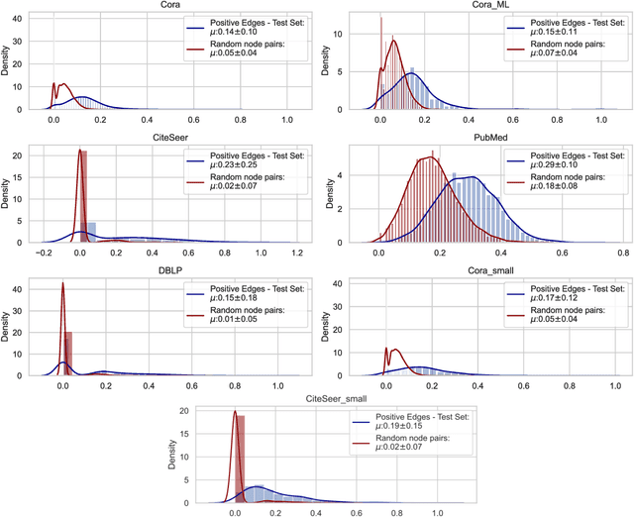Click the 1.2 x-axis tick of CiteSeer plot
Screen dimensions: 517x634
(x=298, y=255)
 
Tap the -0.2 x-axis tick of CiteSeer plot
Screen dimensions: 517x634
(x=45, y=255)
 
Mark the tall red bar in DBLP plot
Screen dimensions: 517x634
(x=68, y=354)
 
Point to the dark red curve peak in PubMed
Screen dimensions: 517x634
(x=429, y=155)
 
